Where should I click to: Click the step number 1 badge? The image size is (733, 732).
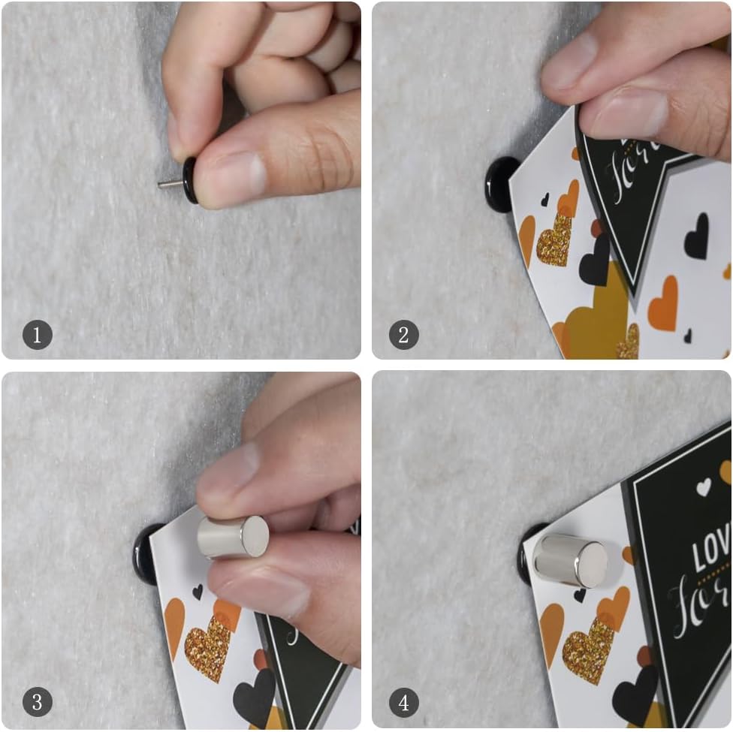pos(38,334)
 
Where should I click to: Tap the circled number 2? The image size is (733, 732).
pos(403,334)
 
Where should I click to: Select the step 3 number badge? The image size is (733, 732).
pos(38,703)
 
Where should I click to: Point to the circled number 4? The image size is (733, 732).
pos(403,703)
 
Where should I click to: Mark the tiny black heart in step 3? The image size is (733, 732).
pos(197,592)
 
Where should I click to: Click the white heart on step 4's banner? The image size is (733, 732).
pos(703,487)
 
